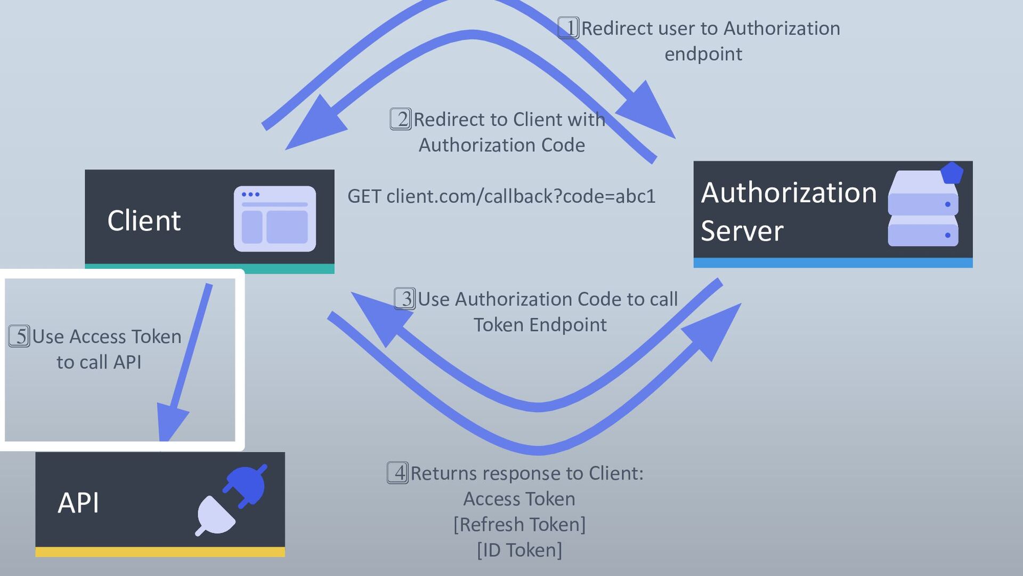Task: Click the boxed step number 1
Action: click(569, 28)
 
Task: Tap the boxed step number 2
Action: click(401, 119)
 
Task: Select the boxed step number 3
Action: click(405, 299)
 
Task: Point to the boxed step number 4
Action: click(398, 473)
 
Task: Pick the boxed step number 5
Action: click(20, 336)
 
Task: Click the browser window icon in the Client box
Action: click(275, 219)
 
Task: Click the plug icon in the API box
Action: click(231, 500)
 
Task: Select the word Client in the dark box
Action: click(144, 221)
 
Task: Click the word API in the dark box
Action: click(78, 503)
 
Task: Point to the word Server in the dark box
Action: click(742, 231)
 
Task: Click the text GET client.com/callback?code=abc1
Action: click(501, 196)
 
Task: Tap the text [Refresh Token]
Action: click(519, 524)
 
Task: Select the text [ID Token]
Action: click(519, 550)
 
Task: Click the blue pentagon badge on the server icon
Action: click(952, 173)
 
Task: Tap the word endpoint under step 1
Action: click(703, 54)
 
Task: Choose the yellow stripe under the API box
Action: click(160, 553)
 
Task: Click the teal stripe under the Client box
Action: click(209, 269)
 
